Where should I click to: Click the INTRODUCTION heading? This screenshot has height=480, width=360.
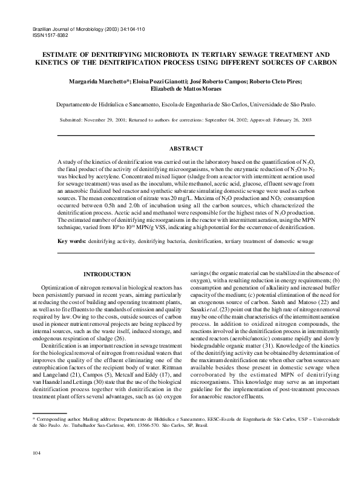(x=106, y=274)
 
